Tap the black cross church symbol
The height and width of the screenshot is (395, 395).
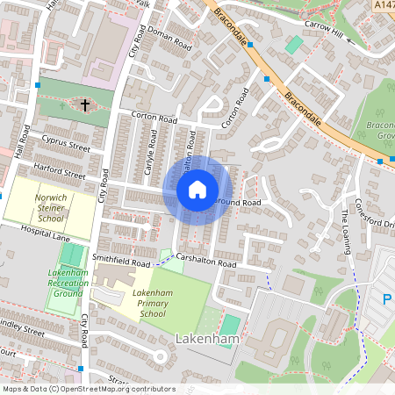(x=85, y=105)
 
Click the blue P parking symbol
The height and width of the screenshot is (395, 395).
(x=387, y=299)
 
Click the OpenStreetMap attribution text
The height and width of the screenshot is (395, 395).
(x=88, y=389)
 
